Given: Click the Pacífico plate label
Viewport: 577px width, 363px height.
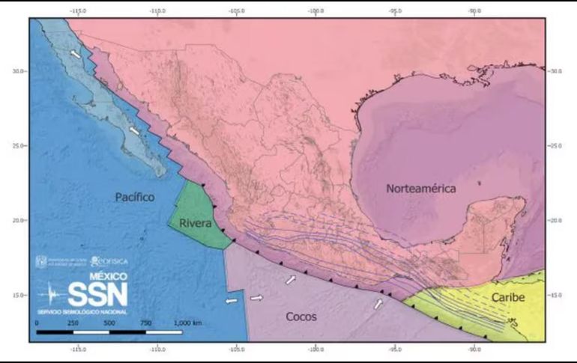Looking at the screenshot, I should [x=135, y=197].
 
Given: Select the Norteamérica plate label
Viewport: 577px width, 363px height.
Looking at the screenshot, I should [x=421, y=189].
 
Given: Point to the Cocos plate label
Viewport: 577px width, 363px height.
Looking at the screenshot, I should [x=301, y=317].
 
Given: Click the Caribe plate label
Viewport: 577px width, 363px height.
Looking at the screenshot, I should [x=508, y=298].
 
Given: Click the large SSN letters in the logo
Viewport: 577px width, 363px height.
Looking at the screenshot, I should [x=97, y=293].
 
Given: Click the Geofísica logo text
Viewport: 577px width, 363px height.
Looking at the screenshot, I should [x=109, y=261].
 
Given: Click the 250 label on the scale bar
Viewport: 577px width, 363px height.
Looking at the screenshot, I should [x=73, y=322].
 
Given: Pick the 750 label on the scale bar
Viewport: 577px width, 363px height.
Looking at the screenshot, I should [x=145, y=322].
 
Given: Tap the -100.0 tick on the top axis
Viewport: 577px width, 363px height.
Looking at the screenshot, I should [x=315, y=12].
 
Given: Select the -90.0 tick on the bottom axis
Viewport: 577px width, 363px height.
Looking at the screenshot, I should [x=474, y=349].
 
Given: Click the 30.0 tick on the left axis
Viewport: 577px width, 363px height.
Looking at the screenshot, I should [x=19, y=71].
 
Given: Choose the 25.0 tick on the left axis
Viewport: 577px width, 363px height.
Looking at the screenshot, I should [x=19, y=146].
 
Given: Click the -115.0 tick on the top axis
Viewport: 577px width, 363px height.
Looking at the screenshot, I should [x=77, y=12].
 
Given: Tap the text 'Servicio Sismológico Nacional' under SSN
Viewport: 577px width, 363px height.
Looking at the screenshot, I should [x=82, y=311].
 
